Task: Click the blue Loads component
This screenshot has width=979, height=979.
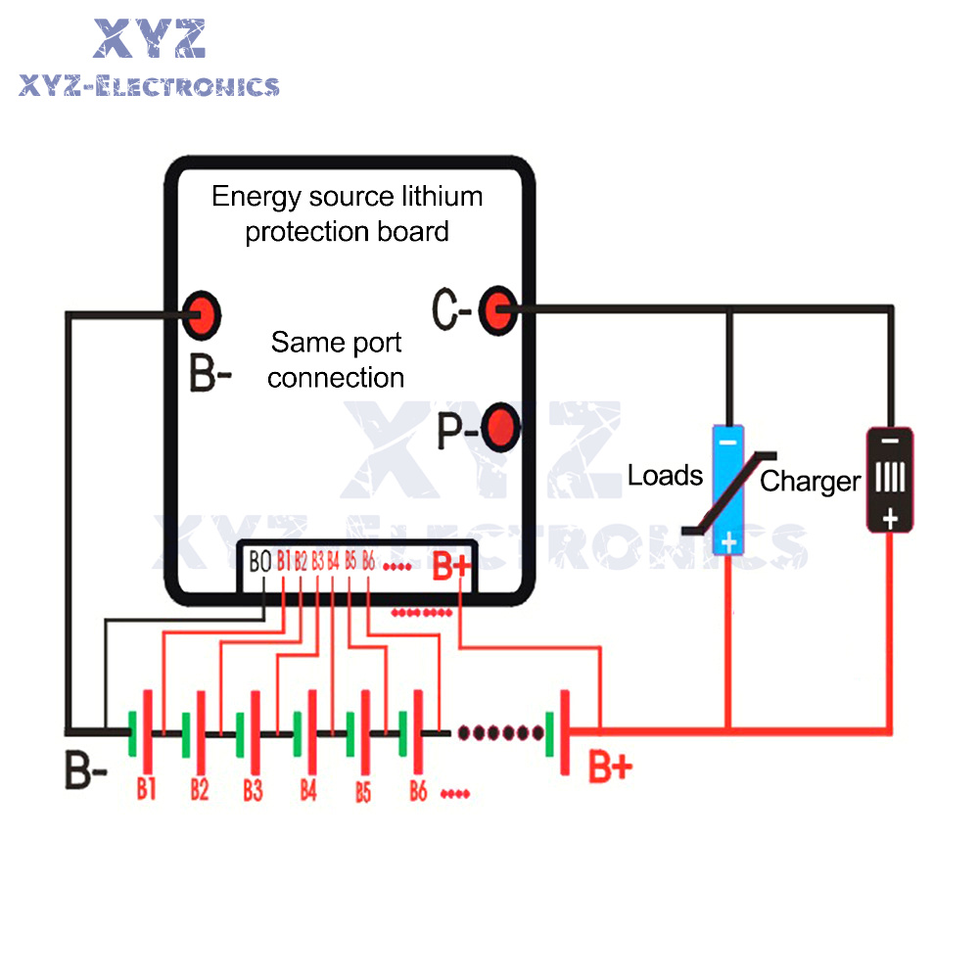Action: [x=728, y=489]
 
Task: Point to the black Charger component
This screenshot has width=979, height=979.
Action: [x=889, y=479]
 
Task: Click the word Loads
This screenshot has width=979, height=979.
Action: [x=666, y=476]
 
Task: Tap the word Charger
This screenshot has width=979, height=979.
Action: [x=810, y=481]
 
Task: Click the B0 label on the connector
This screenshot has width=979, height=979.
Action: [x=259, y=562]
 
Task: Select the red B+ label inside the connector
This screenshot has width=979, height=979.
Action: [x=452, y=566]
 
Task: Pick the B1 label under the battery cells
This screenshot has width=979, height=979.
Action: [x=147, y=789]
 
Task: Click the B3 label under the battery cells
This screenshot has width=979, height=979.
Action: [x=254, y=789]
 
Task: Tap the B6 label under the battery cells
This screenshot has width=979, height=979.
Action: [x=418, y=789]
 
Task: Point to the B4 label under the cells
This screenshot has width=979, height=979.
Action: [x=309, y=789]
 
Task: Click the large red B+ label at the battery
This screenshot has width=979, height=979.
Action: [x=610, y=768]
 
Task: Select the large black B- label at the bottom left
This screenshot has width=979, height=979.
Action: [x=86, y=770]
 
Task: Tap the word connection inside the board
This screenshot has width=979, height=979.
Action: [x=336, y=378]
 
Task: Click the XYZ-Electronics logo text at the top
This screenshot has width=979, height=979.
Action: [x=149, y=86]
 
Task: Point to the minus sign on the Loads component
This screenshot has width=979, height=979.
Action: [x=726, y=443]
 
